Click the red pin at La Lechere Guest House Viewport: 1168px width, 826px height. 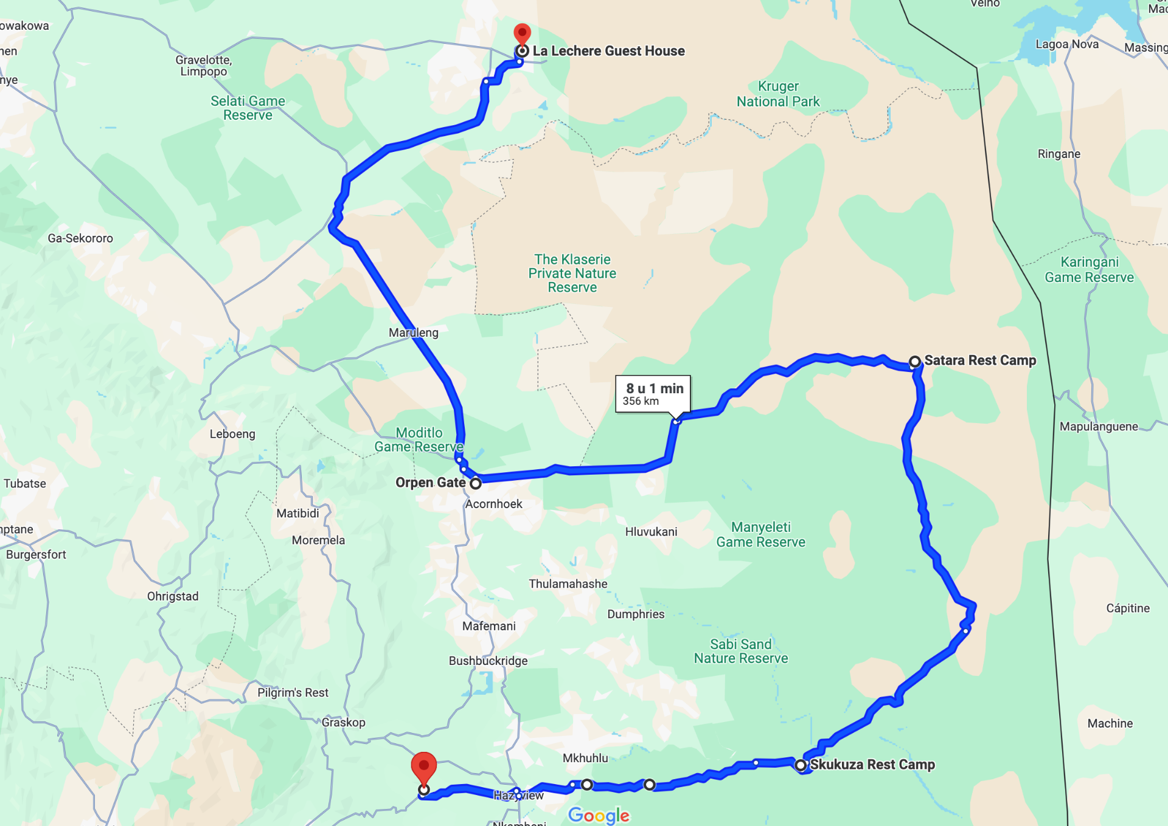pyautogui.click(x=522, y=33)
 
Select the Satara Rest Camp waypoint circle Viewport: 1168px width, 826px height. pyautogui.click(x=914, y=362)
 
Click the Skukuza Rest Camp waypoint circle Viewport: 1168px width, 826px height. pyautogui.click(x=801, y=765)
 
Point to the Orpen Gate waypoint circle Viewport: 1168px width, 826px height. pyautogui.click(x=476, y=484)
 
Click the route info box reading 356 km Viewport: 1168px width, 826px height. pyautogui.click(x=653, y=394)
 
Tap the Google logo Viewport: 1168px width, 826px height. pyautogui.click(x=599, y=815)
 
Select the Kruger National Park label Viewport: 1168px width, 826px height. pyautogui.click(x=778, y=94)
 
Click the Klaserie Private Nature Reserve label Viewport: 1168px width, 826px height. pyautogui.click(x=572, y=274)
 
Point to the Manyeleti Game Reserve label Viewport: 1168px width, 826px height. pyautogui.click(x=760, y=535)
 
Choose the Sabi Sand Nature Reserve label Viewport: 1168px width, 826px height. pyautogui.click(x=741, y=652)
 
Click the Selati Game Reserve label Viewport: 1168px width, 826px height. pyautogui.click(x=248, y=108)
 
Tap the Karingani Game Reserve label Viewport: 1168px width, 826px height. pyautogui.click(x=1089, y=270)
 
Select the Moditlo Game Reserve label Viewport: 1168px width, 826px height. pyautogui.click(x=419, y=440)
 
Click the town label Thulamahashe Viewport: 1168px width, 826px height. pyautogui.click(x=568, y=584)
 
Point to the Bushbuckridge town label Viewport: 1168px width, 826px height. pyautogui.click(x=488, y=661)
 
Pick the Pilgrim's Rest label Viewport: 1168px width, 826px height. pyautogui.click(x=293, y=693)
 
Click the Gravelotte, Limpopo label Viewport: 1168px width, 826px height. pyautogui.click(x=204, y=66)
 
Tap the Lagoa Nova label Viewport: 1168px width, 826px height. pyautogui.click(x=1067, y=44)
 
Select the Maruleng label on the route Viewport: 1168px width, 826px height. pyautogui.click(x=414, y=332)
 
